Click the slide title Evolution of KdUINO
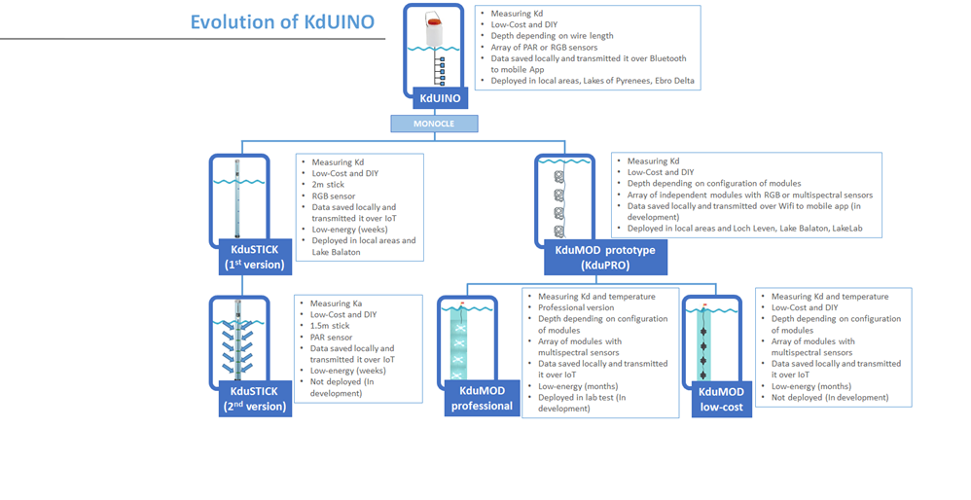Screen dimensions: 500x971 (282, 22)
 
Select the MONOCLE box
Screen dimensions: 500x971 (434, 124)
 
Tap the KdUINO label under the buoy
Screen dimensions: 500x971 (441, 98)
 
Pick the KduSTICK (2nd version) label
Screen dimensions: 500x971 (253, 399)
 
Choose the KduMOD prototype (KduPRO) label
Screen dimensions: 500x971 (603, 257)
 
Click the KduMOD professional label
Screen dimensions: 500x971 (482, 399)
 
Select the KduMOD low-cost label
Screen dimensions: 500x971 (721, 399)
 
